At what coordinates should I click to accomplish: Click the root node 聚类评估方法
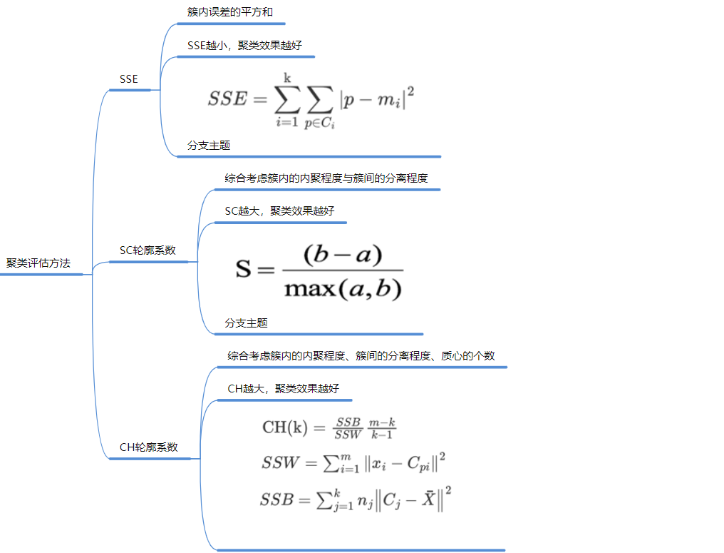click(x=38, y=263)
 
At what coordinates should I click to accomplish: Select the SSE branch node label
click(x=129, y=79)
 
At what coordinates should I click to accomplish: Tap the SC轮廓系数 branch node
click(x=148, y=250)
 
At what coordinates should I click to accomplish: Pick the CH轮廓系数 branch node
click(x=149, y=447)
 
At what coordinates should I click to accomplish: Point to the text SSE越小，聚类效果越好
click(x=244, y=45)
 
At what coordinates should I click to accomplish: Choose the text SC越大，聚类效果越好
click(x=279, y=211)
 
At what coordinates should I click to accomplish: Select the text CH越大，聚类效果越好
click(x=283, y=389)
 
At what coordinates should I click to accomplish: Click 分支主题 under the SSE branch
click(x=209, y=145)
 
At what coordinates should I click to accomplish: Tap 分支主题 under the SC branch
click(x=246, y=323)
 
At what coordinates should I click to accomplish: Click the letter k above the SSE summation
click(x=288, y=77)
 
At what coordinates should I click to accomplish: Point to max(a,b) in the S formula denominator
click(x=343, y=289)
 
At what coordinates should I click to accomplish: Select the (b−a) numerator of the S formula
click(x=343, y=255)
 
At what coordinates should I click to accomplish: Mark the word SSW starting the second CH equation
click(x=280, y=464)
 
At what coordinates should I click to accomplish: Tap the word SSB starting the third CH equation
click(x=277, y=499)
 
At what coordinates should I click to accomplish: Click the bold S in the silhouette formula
click(x=244, y=270)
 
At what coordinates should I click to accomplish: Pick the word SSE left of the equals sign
click(x=227, y=99)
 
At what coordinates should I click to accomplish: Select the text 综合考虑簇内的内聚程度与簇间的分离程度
click(x=326, y=178)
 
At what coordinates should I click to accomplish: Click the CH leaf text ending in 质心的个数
click(x=361, y=356)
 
